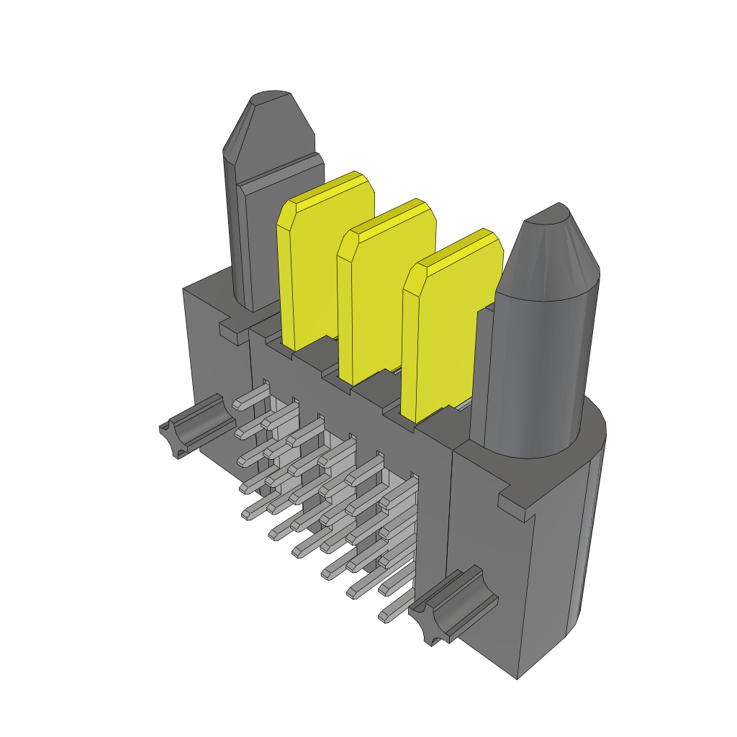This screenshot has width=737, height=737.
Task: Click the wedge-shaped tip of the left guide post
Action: pos(270,126)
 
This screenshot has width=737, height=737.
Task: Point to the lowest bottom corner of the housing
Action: pos(518,677)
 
